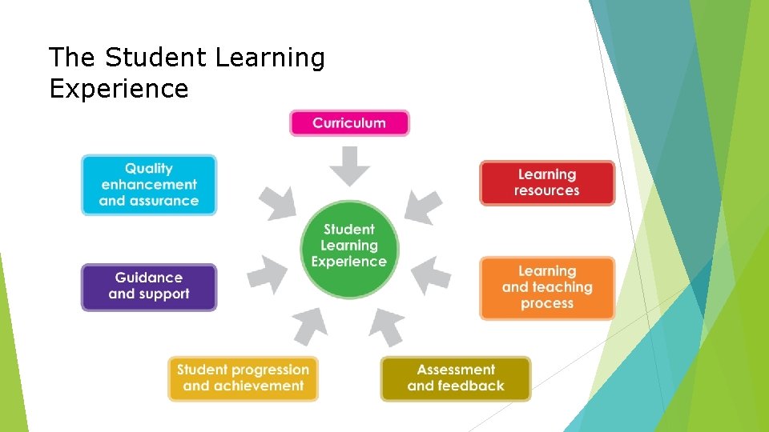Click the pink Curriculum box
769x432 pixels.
349,123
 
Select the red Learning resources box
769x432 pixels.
547,183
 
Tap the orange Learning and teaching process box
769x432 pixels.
547,288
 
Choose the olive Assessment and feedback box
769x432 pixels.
455,378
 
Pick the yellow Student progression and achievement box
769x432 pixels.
243,378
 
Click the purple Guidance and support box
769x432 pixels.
149,286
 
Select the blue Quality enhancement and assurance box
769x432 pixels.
149,185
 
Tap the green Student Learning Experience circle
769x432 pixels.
349,246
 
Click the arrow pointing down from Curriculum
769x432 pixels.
350,165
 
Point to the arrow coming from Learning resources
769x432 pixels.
422,206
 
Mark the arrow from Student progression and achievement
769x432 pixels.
311,326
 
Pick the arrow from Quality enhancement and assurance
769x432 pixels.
276,203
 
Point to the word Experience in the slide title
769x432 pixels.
119,88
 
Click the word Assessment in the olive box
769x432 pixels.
456,370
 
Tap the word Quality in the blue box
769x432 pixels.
149,169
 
